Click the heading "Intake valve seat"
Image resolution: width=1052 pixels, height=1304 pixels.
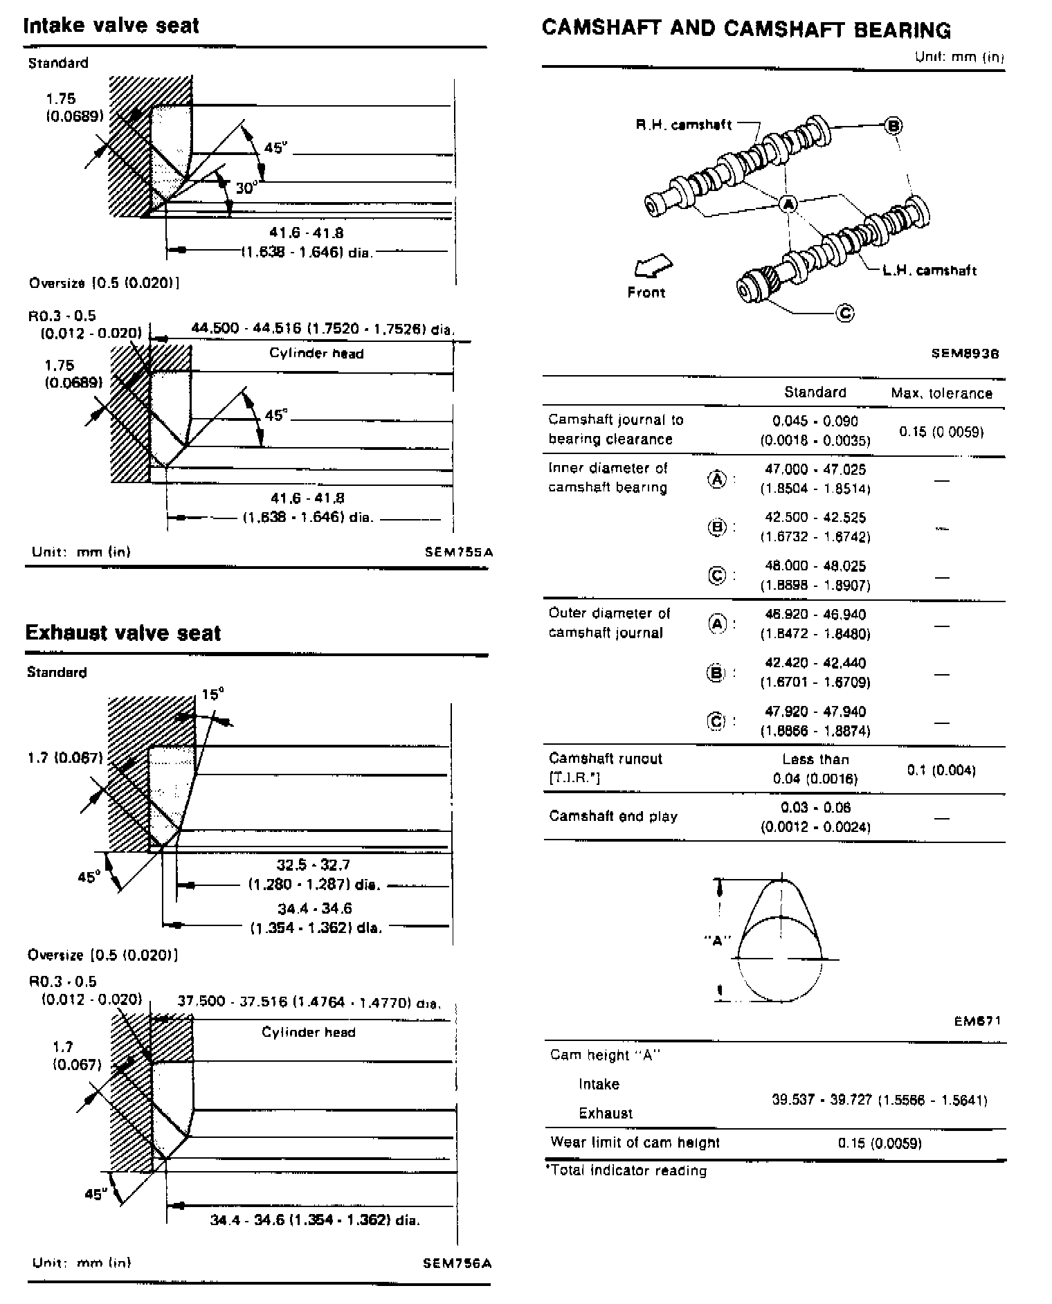(x=111, y=26)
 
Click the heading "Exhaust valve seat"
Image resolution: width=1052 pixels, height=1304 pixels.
(x=123, y=633)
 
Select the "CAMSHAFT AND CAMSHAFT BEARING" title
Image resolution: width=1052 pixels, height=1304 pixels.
(x=746, y=29)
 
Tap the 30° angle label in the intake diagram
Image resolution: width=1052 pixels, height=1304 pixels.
(x=246, y=188)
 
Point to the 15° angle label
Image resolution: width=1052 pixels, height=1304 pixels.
(x=213, y=694)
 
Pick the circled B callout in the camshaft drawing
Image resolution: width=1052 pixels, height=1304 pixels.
(x=894, y=125)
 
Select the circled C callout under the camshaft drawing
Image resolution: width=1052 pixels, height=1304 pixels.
(x=846, y=313)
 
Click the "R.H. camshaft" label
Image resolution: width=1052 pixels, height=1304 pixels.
(x=683, y=125)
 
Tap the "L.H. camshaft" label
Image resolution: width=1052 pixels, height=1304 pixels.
(x=929, y=271)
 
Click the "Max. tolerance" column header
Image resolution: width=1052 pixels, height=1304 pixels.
(x=941, y=394)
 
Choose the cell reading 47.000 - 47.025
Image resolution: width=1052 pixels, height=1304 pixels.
(x=815, y=469)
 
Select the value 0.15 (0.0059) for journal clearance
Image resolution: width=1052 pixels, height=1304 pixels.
(x=941, y=432)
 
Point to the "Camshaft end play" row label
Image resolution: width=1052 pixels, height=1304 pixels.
(x=613, y=816)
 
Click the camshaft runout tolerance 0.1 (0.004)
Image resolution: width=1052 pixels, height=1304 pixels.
(x=941, y=770)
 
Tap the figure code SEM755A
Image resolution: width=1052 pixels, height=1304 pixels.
(x=459, y=552)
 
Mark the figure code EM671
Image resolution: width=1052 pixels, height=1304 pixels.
(x=977, y=1021)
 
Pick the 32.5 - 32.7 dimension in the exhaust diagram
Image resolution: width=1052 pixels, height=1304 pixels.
(x=314, y=864)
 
